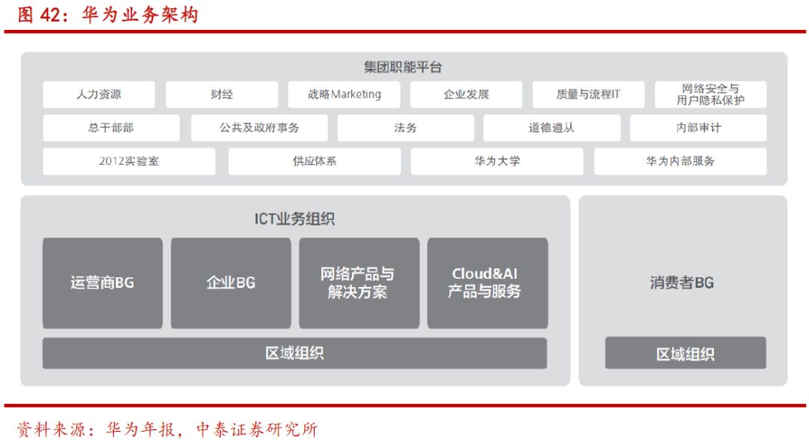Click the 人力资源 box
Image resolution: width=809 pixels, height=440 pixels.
(99, 94)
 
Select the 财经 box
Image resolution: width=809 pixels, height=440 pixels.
(222, 94)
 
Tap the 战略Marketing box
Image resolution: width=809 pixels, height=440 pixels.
(344, 94)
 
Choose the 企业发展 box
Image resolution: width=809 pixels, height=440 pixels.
(467, 94)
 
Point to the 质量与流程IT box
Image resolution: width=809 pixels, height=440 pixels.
(589, 94)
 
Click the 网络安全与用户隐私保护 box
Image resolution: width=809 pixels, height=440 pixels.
(710, 94)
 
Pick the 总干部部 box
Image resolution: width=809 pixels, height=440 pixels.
(111, 128)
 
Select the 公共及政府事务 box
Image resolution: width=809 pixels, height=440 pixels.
(259, 128)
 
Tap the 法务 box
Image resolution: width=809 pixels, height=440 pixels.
(405, 128)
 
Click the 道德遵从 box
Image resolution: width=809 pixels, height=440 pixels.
(551, 128)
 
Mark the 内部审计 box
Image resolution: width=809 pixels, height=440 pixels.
(698, 128)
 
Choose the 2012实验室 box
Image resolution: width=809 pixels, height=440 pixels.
(129, 162)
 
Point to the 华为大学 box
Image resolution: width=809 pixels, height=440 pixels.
(497, 162)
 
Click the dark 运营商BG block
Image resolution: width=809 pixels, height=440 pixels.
(102, 283)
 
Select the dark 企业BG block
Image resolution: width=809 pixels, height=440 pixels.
(231, 283)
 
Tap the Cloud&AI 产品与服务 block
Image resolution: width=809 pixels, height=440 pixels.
(488, 283)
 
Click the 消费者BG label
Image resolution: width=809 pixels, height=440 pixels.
(682, 283)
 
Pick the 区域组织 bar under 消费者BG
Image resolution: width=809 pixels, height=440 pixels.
(685, 353)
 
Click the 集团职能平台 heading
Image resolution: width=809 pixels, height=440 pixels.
(403, 67)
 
